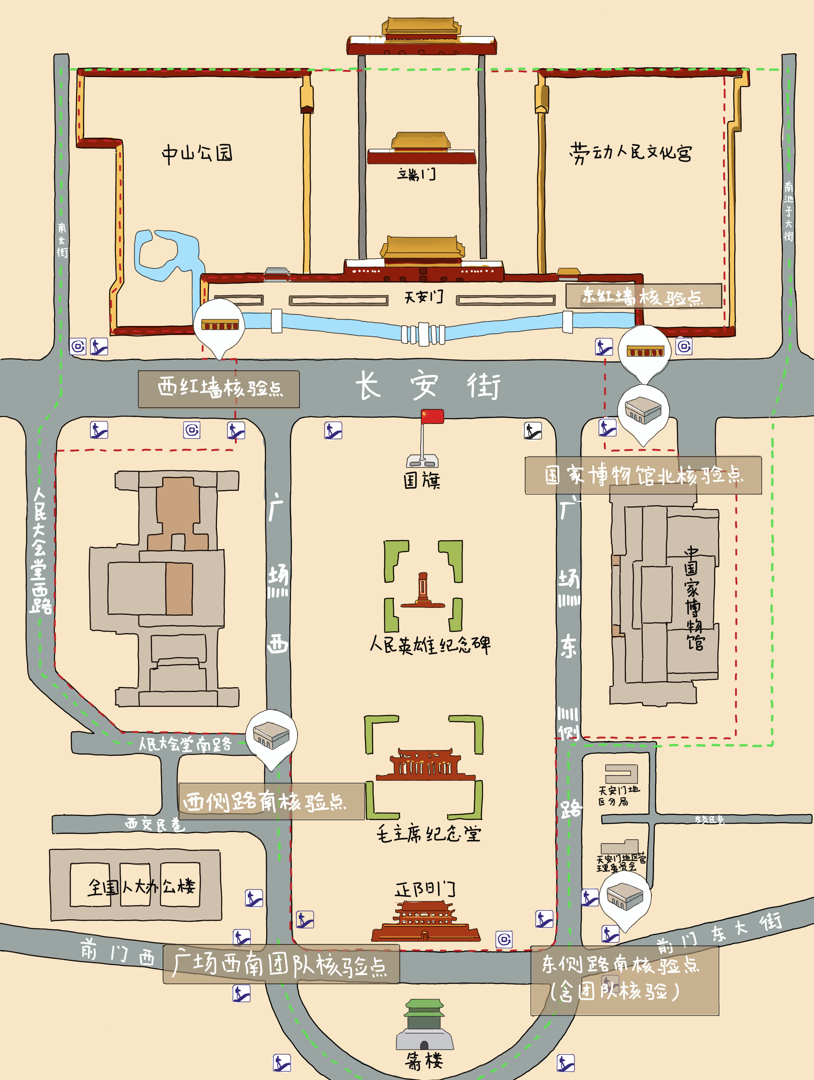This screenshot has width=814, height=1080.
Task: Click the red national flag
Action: point(433,416)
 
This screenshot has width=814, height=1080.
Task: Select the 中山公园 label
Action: point(197,153)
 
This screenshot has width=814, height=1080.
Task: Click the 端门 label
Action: point(416,174)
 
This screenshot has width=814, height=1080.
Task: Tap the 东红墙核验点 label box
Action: point(643,296)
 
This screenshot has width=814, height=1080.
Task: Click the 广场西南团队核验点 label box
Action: point(281,964)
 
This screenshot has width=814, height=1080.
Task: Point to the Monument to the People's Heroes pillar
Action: point(423,589)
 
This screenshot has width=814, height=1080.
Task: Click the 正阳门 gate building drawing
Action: point(425,920)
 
